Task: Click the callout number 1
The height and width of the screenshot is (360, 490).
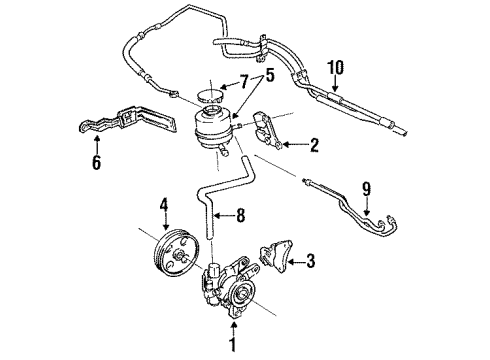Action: click(235, 348)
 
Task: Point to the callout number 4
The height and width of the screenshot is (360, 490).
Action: click(164, 208)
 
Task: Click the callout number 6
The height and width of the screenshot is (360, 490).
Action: click(96, 159)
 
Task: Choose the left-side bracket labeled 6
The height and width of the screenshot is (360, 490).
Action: click(115, 127)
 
